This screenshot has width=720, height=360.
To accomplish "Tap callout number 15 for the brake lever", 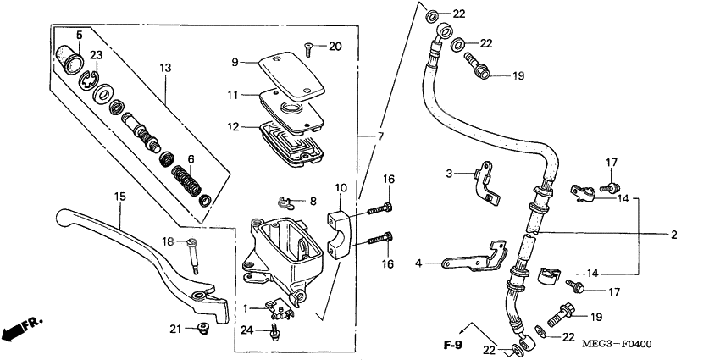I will pos(119,197).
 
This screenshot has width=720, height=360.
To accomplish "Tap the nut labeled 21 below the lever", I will pos(203,329).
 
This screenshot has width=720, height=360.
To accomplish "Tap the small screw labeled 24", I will pos(274,335).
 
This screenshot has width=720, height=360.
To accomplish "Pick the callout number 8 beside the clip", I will pos(313,202).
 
